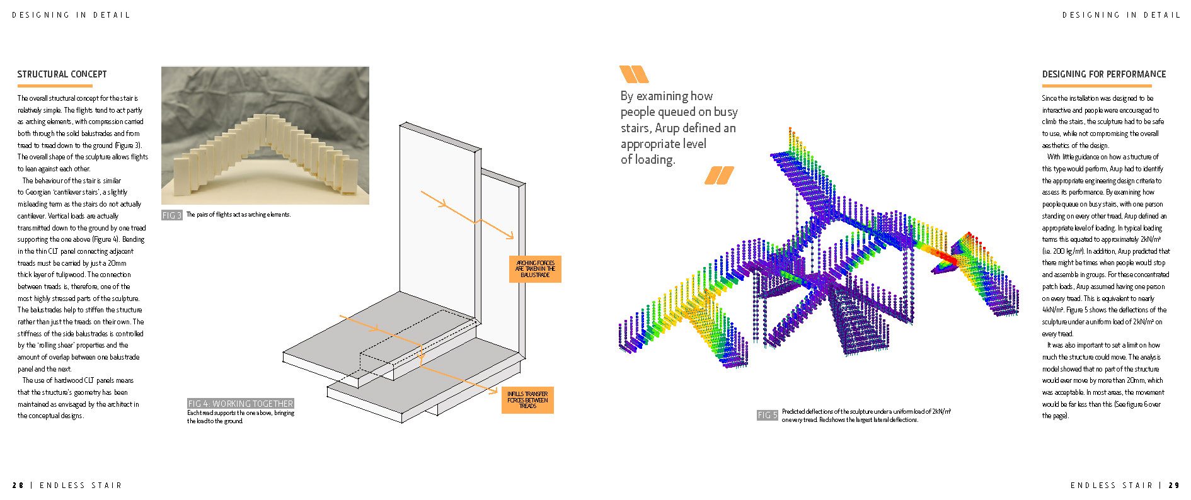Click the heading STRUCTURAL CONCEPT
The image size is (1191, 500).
point(62,74)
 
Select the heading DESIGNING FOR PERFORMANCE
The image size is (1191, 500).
point(1103,74)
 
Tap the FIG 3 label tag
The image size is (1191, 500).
point(171,215)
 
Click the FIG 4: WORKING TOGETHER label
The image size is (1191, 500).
point(240,404)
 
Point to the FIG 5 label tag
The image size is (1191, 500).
point(767,416)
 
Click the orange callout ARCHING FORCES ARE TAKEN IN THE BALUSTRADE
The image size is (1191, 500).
point(535,269)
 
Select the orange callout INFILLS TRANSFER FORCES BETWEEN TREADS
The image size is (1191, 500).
point(527,400)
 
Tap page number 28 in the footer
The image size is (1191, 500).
point(18,486)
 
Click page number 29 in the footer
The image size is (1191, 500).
point(1174,486)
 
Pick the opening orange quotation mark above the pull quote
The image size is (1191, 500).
point(633,74)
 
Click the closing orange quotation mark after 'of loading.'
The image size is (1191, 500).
point(719,175)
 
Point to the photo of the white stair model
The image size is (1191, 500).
point(265,135)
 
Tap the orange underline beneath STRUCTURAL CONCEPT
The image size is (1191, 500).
point(55,86)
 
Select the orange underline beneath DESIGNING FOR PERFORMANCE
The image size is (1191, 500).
point(1097,86)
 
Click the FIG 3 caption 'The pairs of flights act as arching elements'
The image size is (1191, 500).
point(238,215)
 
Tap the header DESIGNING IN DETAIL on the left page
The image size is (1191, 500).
point(71,15)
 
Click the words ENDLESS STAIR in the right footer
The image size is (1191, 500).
point(1111,486)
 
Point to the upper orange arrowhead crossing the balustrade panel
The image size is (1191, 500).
point(445,204)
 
